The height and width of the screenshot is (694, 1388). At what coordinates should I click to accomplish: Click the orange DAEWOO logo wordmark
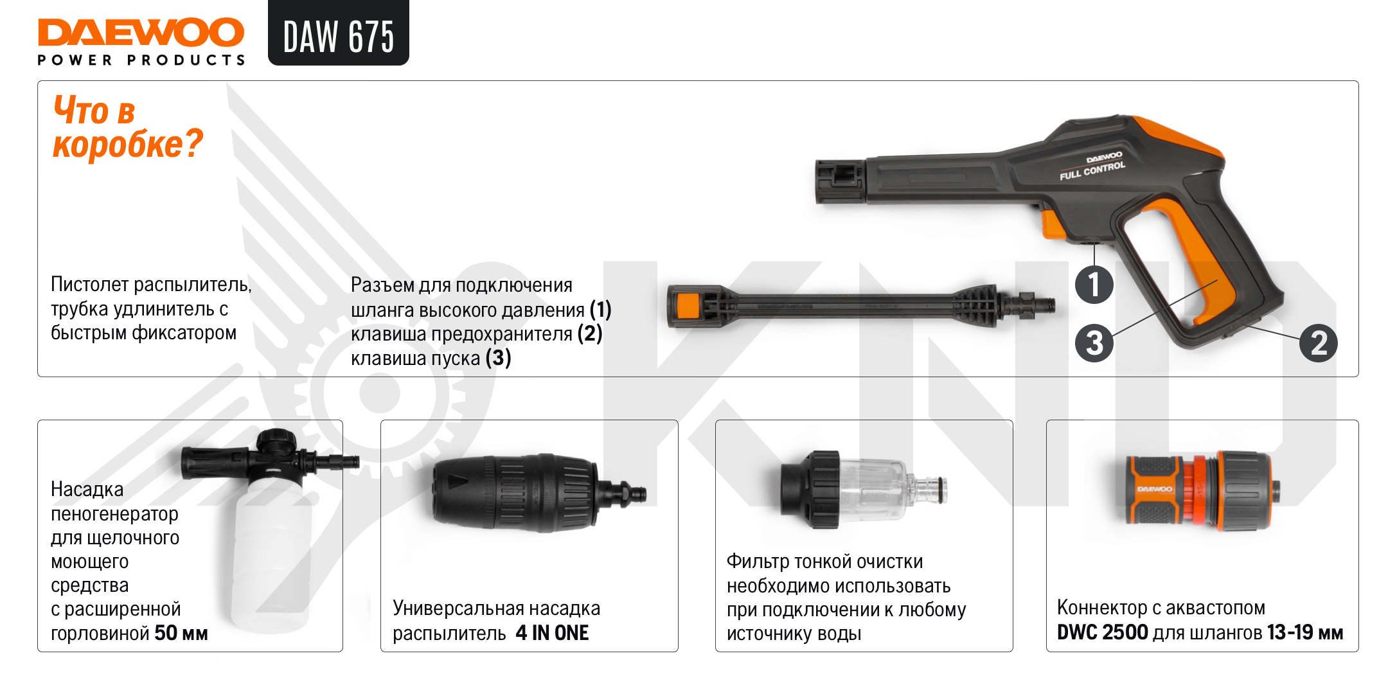pyautogui.click(x=141, y=32)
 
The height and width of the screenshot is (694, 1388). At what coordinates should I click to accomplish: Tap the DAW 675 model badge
pyautogui.click(x=339, y=33)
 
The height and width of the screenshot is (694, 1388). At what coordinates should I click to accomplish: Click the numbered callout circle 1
pyautogui.click(x=1094, y=285)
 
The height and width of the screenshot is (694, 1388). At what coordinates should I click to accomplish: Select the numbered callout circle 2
pyautogui.click(x=1319, y=343)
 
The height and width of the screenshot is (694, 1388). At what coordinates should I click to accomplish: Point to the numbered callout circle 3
pyautogui.click(x=1094, y=343)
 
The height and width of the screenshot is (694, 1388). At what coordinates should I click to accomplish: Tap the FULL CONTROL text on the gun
pyautogui.click(x=1092, y=171)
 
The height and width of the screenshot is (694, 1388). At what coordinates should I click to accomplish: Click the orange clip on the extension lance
pyautogui.click(x=688, y=306)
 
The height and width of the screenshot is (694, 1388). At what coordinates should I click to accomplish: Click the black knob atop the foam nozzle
pyautogui.click(x=276, y=443)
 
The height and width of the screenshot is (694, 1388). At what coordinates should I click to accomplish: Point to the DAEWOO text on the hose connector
pyautogui.click(x=1154, y=490)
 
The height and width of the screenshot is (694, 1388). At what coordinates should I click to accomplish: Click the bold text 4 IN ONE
pyautogui.click(x=552, y=633)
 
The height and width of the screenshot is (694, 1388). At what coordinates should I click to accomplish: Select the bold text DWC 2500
pyautogui.click(x=1103, y=632)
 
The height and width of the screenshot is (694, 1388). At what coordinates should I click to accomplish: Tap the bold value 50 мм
pyautogui.click(x=181, y=633)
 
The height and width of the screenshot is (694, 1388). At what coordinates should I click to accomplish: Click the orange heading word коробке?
pyautogui.click(x=128, y=144)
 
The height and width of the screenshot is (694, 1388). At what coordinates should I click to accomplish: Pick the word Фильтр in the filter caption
pyautogui.click(x=758, y=562)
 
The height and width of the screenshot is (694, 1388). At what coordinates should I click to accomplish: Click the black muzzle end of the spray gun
pyautogui.click(x=839, y=182)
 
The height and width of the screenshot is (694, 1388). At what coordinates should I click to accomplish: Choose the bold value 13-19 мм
pyautogui.click(x=1305, y=632)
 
